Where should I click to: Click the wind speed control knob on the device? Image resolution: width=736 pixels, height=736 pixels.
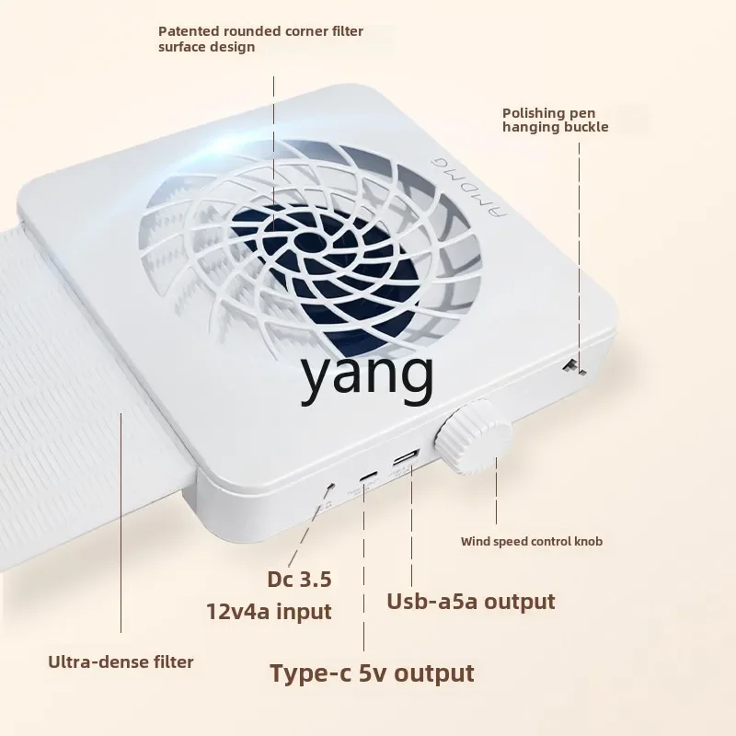[472, 435]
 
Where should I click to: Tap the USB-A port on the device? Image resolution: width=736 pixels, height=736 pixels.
[407, 459]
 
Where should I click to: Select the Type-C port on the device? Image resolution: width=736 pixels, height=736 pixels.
[369, 476]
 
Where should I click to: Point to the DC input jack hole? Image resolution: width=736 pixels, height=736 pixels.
[329, 484]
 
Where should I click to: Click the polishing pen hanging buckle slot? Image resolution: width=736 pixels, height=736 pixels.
[572, 366]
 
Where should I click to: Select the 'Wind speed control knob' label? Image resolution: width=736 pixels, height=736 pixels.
[532, 541]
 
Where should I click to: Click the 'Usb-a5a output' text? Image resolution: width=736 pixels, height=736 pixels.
[471, 602]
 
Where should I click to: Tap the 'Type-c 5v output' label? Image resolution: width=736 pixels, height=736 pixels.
[372, 673]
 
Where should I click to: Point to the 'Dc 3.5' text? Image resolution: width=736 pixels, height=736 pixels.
[299, 580]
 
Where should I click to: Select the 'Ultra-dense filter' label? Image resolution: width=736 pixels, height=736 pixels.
[121, 661]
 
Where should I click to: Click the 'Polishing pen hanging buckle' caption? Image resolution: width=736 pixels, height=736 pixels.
[555, 120]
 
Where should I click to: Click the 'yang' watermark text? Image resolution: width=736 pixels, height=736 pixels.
[368, 375]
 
